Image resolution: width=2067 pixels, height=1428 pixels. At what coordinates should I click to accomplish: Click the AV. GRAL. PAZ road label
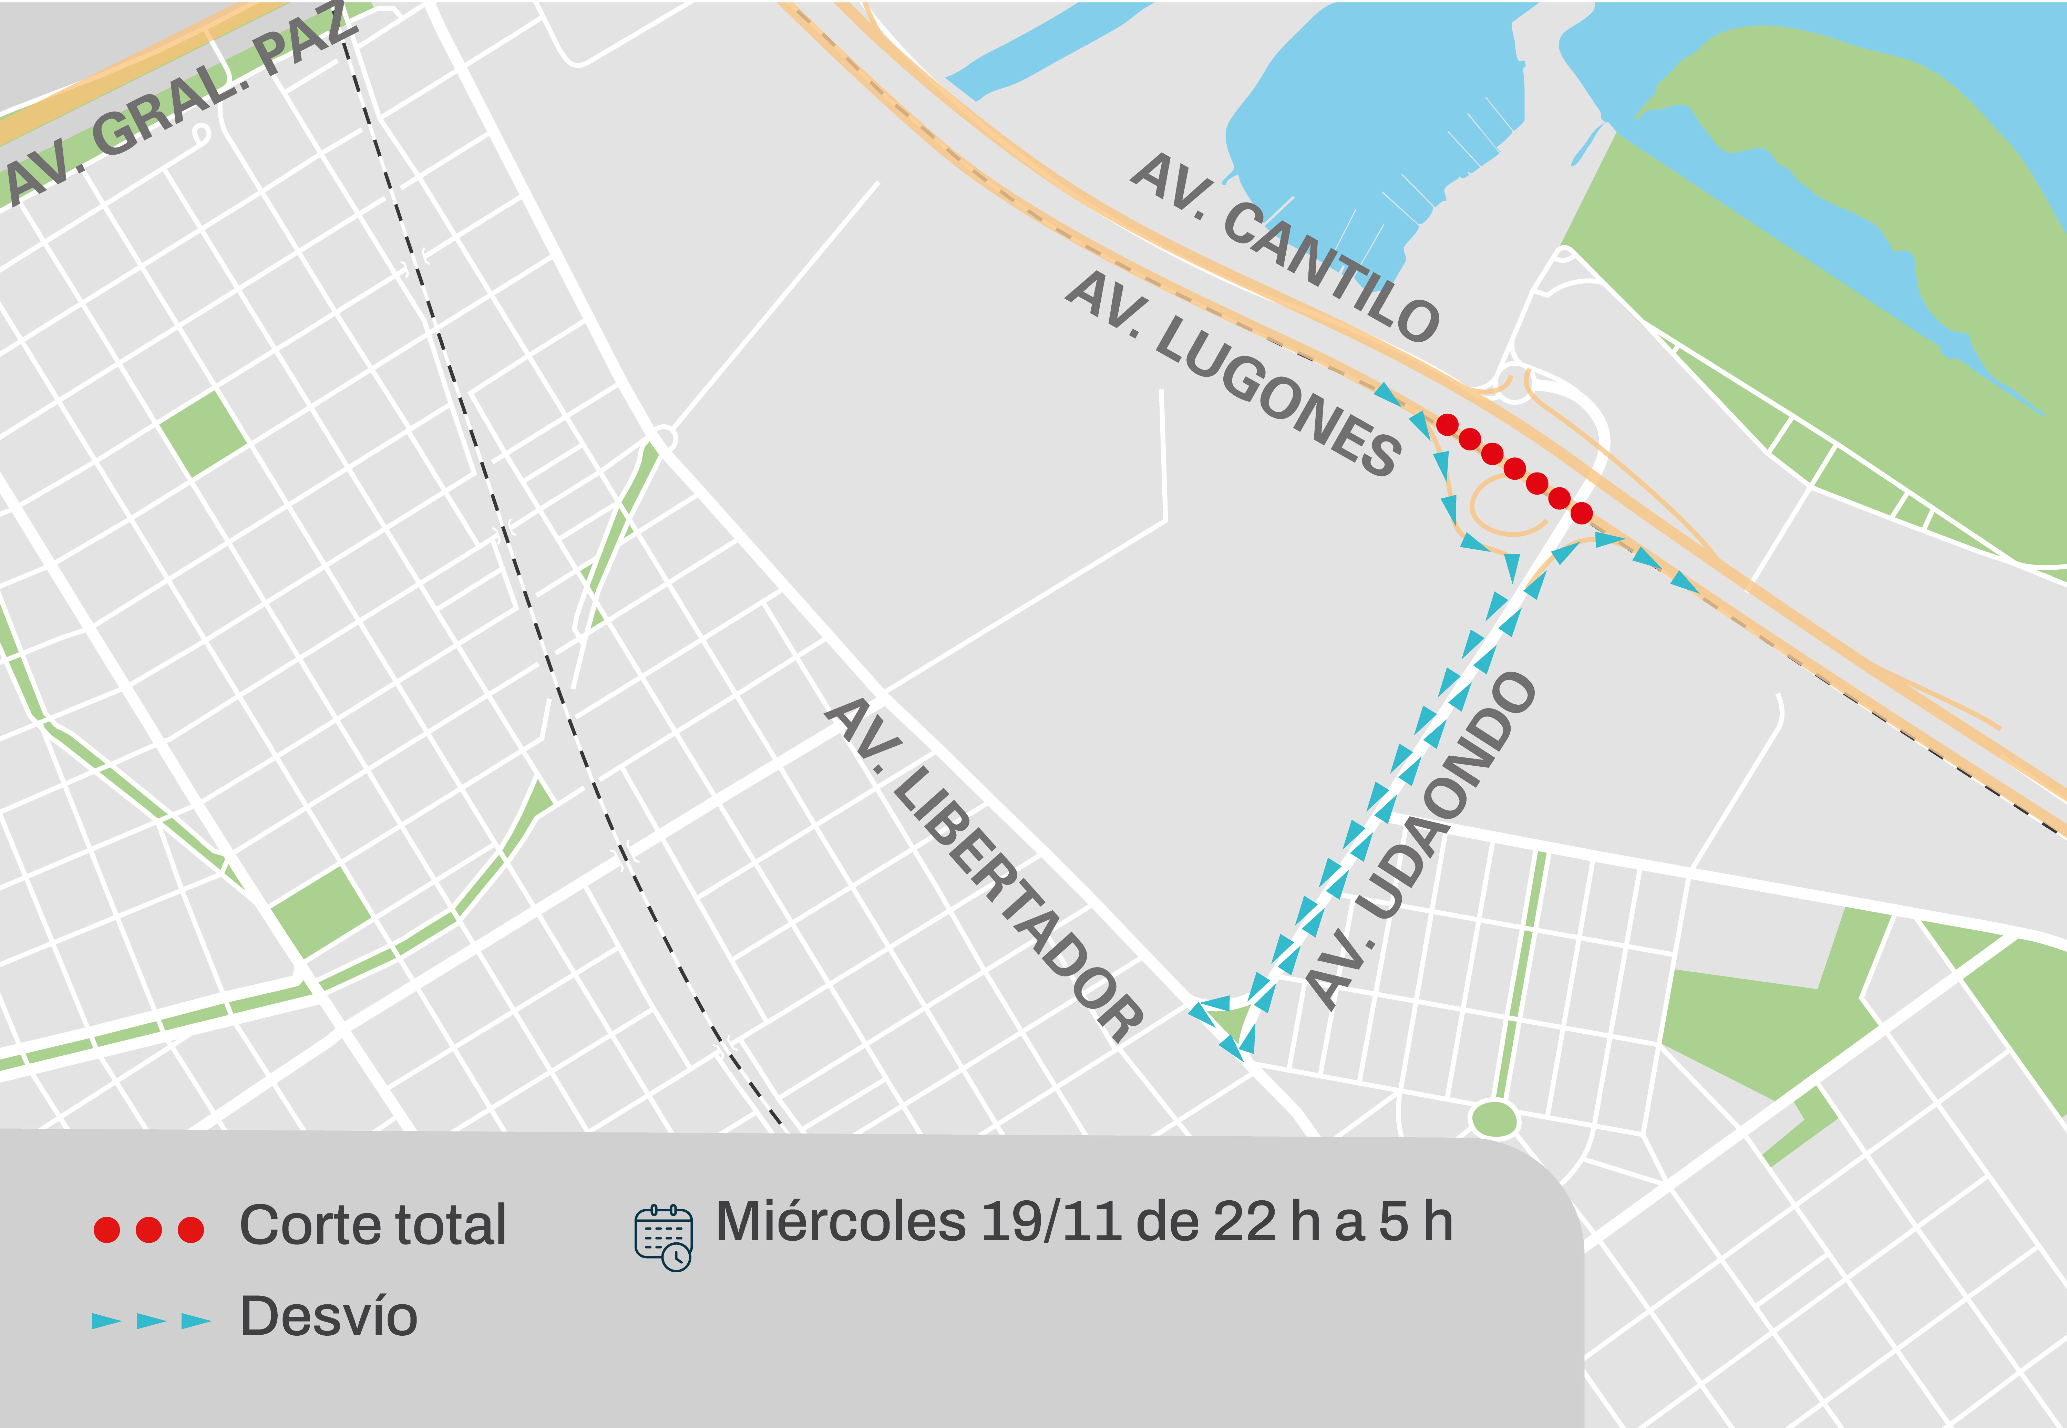[x=179, y=103]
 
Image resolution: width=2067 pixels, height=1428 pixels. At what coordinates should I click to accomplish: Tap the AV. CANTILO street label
[x=1284, y=246]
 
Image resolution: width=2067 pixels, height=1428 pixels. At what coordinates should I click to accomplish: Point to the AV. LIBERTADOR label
[x=984, y=868]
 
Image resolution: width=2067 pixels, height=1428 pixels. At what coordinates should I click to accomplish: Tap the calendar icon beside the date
[x=663, y=1238]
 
